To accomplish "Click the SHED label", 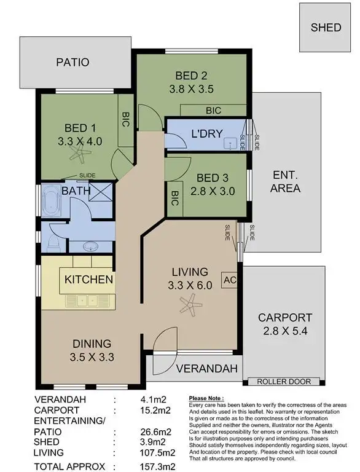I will [326, 28].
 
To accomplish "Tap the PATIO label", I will [73, 62].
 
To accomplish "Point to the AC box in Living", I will [229, 280].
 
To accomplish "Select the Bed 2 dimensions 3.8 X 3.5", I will [190, 88].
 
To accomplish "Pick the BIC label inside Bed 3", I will [174, 199].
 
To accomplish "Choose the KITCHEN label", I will [89, 280].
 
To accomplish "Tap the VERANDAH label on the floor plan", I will [207, 369].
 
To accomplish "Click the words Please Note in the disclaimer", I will [206, 398].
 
